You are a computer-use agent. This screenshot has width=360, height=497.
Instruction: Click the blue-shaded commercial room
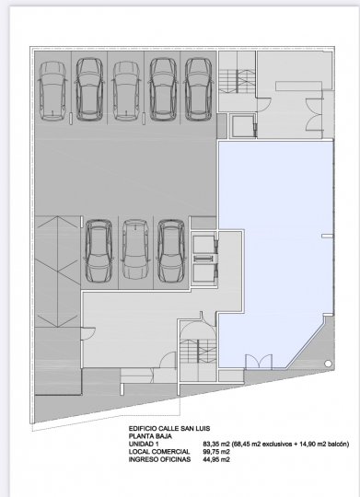[x=276, y=254]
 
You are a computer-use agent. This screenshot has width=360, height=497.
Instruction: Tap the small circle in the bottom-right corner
[x=328, y=364]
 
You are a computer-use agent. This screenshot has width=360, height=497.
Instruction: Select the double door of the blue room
[x=259, y=362]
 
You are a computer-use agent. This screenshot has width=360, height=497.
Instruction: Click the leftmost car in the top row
[x=52, y=90]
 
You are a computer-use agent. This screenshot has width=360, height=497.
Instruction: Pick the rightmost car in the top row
[x=198, y=89]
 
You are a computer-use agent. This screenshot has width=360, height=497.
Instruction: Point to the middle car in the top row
[x=126, y=90]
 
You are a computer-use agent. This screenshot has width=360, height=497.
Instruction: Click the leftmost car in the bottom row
[x=99, y=250]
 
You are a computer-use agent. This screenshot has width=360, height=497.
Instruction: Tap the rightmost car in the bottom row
[x=171, y=250]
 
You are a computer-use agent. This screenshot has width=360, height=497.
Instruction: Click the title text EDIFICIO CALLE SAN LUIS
[x=169, y=429]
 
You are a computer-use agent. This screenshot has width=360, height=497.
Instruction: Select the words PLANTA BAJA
[x=150, y=436]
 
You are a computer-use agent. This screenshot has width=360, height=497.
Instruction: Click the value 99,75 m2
[x=216, y=452]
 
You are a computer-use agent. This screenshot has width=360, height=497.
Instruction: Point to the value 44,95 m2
[x=216, y=459]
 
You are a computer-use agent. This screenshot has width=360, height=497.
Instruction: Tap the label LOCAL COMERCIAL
[x=159, y=452]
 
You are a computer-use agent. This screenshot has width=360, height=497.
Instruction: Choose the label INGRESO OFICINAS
[x=159, y=459]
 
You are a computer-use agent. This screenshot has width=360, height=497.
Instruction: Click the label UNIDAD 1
[x=144, y=444]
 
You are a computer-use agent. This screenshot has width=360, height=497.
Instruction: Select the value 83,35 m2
[x=216, y=444]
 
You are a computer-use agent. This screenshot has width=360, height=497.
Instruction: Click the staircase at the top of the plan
[x=238, y=81]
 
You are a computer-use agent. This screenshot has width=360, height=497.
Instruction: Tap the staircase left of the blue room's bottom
[x=199, y=352]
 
